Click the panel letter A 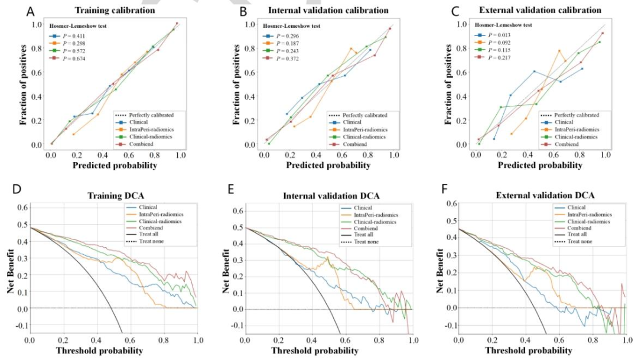(30, 11)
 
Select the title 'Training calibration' (115, 10)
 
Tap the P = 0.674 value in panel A (74, 59)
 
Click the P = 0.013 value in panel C (499, 35)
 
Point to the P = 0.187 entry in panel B (287, 44)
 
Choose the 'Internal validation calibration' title (328, 10)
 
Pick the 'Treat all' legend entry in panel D (148, 234)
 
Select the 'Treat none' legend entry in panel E (366, 242)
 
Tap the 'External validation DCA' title (545, 196)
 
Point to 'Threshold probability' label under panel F (529, 350)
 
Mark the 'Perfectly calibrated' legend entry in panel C (577, 115)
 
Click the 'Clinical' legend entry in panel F (576, 207)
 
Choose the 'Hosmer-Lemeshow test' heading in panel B (291, 26)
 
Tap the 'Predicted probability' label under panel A (115, 166)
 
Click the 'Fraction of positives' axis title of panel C (449, 84)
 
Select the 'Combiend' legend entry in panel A (141, 144)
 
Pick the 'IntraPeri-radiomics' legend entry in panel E (376, 215)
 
